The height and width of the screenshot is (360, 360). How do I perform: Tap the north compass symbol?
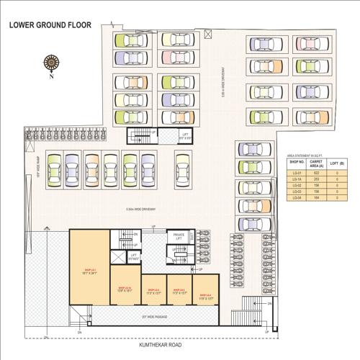click(x=51, y=64)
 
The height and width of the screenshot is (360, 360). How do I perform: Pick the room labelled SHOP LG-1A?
click(x=123, y=289)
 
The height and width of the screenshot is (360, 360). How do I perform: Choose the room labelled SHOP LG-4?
click(x=204, y=296)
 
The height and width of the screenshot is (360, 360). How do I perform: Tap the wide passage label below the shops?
click(x=156, y=316)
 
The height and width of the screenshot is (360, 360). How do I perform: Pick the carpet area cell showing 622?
click(x=316, y=173)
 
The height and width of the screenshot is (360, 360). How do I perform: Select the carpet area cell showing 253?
click(x=316, y=179)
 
